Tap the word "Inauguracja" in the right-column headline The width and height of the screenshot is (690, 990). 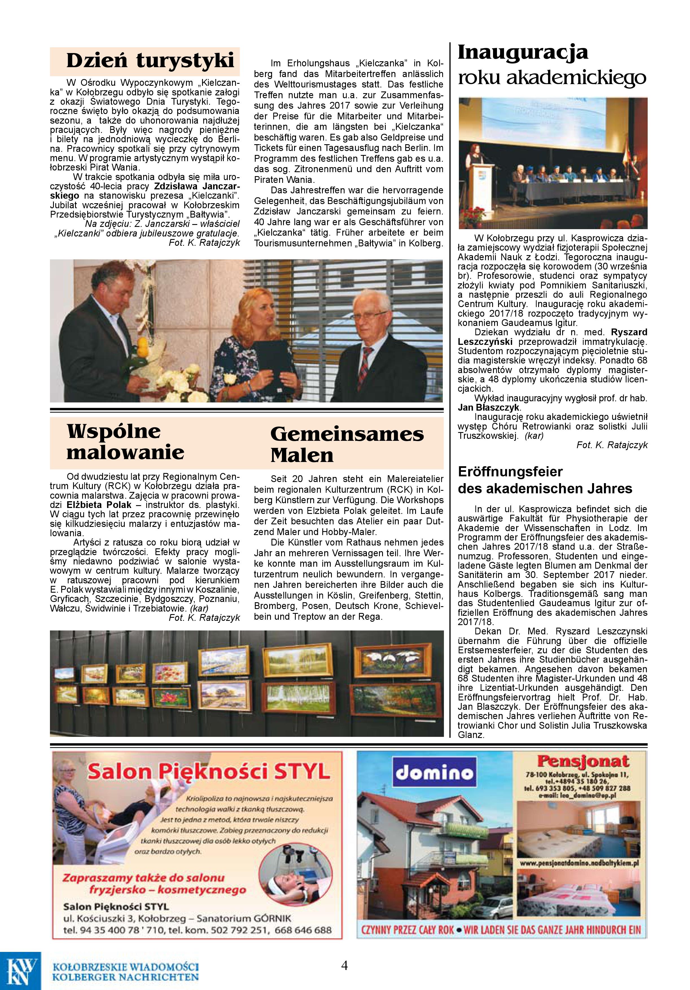(522, 52)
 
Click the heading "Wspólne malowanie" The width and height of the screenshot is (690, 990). (126, 442)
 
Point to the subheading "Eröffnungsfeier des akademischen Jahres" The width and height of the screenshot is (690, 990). (545, 480)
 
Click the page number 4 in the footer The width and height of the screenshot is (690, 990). (344, 965)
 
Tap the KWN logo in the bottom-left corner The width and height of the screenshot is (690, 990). (20, 969)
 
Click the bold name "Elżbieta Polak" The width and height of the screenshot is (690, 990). (99, 505)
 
